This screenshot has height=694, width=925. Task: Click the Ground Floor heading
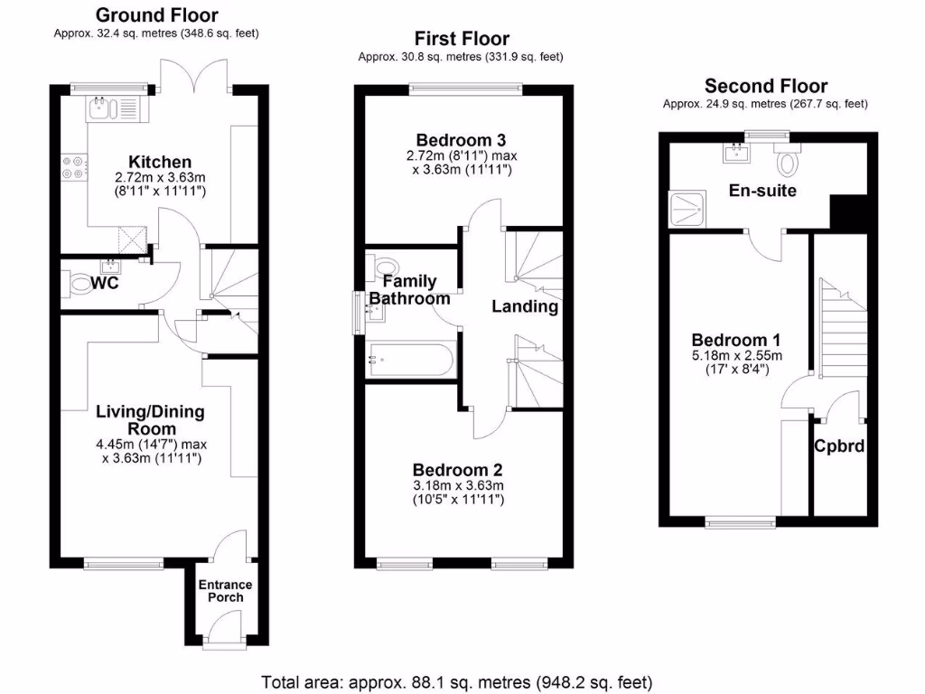pyautogui.click(x=156, y=14)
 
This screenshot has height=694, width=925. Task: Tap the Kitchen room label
pyautogui.click(x=159, y=162)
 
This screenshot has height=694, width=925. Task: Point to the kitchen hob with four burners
pyautogui.click(x=72, y=168)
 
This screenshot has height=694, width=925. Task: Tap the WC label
pyautogui.click(x=107, y=283)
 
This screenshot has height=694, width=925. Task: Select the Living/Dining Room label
pyautogui.click(x=151, y=420)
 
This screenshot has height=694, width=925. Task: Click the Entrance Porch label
pyautogui.click(x=225, y=591)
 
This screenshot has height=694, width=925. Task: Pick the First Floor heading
pyautogui.click(x=462, y=38)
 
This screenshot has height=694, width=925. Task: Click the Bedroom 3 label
pyautogui.click(x=461, y=140)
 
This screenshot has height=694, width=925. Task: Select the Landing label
pyautogui.click(x=524, y=306)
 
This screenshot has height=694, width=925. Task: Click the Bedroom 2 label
pyautogui.click(x=457, y=470)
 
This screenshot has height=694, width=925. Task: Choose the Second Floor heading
pyautogui.click(x=765, y=86)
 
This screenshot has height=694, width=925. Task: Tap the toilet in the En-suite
pyautogui.click(x=790, y=161)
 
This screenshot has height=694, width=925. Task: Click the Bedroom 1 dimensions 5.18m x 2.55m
pyautogui.click(x=736, y=355)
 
